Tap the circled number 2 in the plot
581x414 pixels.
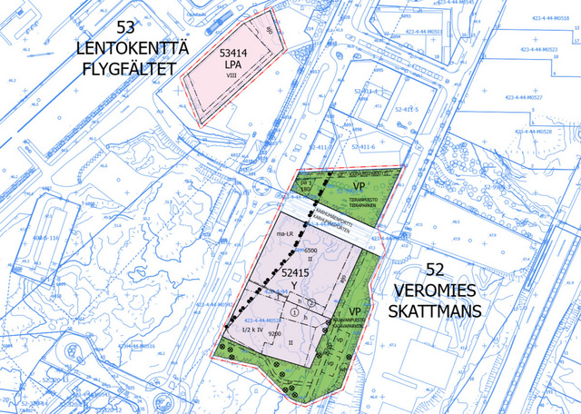click(x=310, y=301)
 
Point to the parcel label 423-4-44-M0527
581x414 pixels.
click(x=535, y=95)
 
